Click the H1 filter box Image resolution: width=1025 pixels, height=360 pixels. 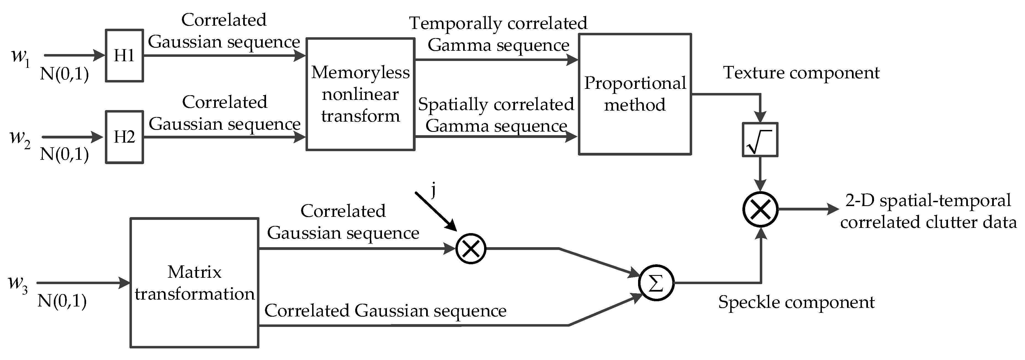pos(124,56)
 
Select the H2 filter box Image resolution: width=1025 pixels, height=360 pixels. pos(124,137)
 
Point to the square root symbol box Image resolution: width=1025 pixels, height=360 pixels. pos(760,140)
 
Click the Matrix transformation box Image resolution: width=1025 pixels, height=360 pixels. pos(194,283)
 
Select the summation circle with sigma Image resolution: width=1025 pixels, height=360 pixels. pos(656,283)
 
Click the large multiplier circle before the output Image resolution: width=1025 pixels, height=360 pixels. pos(760,209)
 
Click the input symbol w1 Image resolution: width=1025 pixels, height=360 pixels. pos(20,57)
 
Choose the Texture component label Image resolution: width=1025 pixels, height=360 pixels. pos(801,73)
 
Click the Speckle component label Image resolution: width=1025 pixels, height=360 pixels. pos(796,302)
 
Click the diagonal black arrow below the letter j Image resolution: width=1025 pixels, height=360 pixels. pos(436,211)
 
